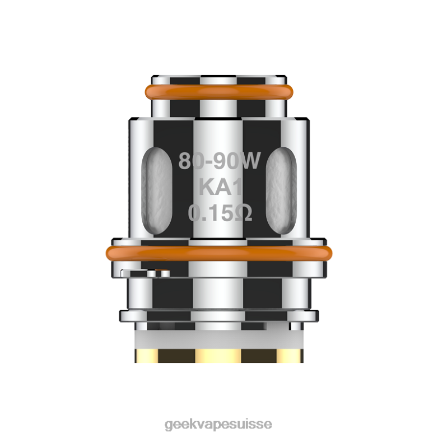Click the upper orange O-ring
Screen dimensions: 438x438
pos(219,92)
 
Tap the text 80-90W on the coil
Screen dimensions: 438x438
pos(219,161)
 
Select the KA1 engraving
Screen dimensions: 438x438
pos(220,187)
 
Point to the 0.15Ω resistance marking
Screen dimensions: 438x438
pos(220,213)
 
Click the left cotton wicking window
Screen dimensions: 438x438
pos(157,191)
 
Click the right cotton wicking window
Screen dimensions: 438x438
pos(281,191)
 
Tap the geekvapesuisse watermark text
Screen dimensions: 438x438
pos(218,425)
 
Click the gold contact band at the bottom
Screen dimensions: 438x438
pos(219,356)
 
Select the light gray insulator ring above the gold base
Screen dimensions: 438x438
pos(219,339)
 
